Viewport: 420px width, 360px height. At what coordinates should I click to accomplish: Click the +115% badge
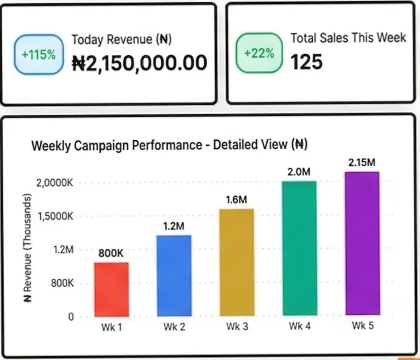coord(38,55)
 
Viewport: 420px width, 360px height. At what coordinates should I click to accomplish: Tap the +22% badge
coord(259,53)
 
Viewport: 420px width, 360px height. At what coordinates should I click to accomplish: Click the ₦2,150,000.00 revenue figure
coord(139,63)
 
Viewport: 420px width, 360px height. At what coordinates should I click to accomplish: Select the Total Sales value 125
coord(307,62)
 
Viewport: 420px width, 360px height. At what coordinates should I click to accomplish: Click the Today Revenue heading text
coord(121,39)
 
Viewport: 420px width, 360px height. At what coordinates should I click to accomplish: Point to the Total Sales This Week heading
coord(348,38)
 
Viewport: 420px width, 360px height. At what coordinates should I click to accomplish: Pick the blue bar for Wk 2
coord(174,275)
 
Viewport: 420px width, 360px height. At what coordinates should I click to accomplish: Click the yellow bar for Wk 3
coord(237,262)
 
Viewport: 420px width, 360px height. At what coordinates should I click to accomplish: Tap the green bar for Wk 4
coord(299,248)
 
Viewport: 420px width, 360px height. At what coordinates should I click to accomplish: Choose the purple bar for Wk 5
coord(362,243)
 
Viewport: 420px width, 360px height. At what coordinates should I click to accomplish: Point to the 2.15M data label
coord(362,162)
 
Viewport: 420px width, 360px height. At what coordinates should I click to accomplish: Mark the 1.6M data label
coord(237,200)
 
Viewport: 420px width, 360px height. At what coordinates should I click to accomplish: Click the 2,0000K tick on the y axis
coord(56,183)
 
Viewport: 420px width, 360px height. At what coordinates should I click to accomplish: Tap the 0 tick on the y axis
coord(70,317)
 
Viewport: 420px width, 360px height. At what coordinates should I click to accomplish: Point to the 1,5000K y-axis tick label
coord(56,216)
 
